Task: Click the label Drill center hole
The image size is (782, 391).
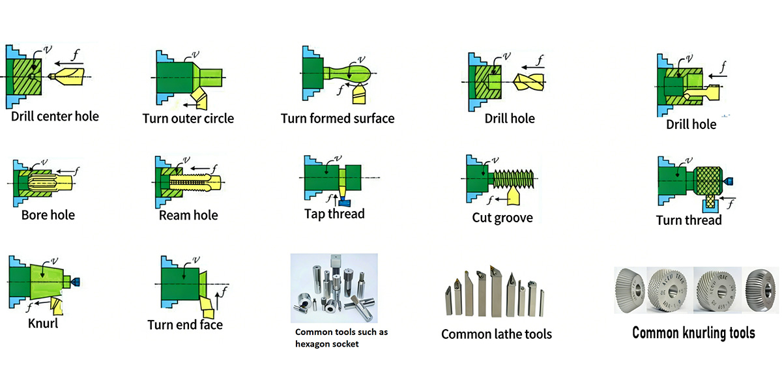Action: pyautogui.click(x=55, y=117)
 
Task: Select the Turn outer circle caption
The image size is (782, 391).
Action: pyautogui.click(x=188, y=119)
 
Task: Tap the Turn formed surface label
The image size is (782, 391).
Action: pyautogui.click(x=338, y=119)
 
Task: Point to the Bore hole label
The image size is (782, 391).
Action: pyautogui.click(x=48, y=215)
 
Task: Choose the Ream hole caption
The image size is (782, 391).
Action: pyautogui.click(x=188, y=215)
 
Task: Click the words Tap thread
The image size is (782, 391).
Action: pyautogui.click(x=334, y=214)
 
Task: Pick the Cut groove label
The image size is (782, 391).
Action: pyautogui.click(x=502, y=218)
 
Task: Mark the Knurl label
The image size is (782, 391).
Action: pyautogui.click(x=43, y=323)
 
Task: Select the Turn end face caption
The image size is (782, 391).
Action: pyautogui.click(x=185, y=325)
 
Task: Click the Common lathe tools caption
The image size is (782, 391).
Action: pyautogui.click(x=496, y=334)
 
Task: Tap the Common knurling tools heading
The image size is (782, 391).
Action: pyautogui.click(x=693, y=333)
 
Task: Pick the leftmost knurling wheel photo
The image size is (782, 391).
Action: pyautogui.click(x=630, y=289)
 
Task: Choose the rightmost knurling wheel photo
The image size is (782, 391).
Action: pyautogui.click(x=760, y=289)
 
